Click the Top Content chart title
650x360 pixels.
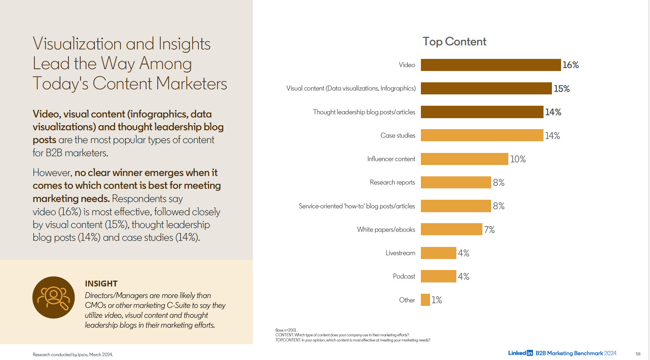pos(454,42)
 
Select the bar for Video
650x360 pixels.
pos(490,65)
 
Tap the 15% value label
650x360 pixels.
pos(561,89)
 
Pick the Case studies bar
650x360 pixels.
pos(482,135)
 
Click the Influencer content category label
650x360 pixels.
pos(391,159)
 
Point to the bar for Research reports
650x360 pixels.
pos(456,183)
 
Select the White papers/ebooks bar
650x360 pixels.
pos(451,229)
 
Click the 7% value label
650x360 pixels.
pos(489,230)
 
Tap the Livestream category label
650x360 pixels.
pos(400,253)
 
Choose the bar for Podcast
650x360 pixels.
pos(438,276)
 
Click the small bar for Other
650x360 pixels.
pos(425,300)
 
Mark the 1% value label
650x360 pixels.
pos(437,300)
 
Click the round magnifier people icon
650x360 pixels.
pos(53,297)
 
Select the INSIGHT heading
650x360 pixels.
pos(101,284)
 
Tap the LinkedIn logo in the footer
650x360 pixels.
pos(520,353)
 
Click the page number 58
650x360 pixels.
pos(638,354)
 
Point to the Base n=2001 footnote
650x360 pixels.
pos(286,330)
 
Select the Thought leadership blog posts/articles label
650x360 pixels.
pos(364,112)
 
